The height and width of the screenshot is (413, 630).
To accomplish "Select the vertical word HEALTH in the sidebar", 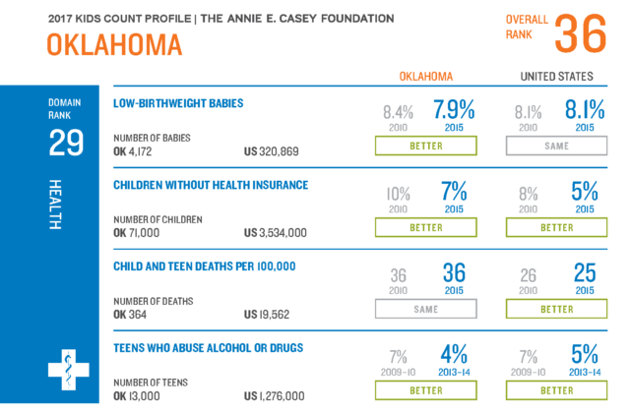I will coord(55,205).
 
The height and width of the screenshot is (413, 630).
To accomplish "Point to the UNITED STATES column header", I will coord(556,77).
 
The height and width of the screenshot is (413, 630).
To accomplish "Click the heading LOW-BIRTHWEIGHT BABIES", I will coord(178,102).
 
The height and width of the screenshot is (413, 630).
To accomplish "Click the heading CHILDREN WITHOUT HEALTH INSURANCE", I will coord(211,184).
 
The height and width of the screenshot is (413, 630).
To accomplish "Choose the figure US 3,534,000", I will coord(276,232).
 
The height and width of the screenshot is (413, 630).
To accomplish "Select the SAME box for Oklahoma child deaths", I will coord(426,308).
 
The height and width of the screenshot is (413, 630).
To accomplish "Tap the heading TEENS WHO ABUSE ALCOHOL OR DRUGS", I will coord(207,347).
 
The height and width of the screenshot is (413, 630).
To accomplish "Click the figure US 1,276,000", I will coord(275,395).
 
